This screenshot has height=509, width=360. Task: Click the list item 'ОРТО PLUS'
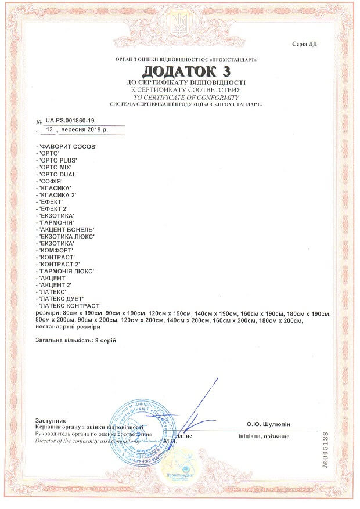click(x=59, y=159)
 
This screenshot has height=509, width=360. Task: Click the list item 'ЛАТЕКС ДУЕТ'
click(x=60, y=298)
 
